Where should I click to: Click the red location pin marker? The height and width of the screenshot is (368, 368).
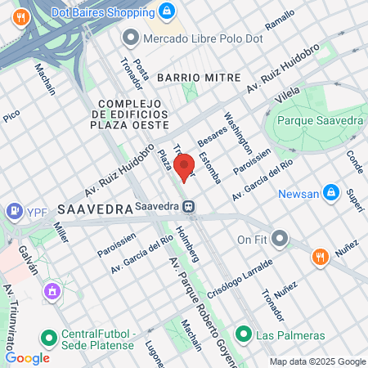[x=185, y=166]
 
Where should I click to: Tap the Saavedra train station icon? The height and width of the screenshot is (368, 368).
[x=188, y=207]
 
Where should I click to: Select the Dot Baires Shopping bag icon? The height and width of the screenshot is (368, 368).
[x=166, y=11]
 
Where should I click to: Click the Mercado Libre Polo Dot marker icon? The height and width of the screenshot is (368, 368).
[x=130, y=38]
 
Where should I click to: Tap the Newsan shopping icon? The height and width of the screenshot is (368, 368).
[x=331, y=193]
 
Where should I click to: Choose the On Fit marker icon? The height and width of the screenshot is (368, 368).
[x=280, y=239]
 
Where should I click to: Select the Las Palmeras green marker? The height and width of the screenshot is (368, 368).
[x=244, y=334]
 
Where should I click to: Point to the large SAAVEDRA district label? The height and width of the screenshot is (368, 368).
[x=95, y=209]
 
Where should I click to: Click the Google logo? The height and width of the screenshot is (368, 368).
[x=27, y=357]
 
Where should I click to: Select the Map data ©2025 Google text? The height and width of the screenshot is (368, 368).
[x=318, y=361]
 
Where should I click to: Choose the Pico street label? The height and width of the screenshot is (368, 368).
[x=11, y=117]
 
